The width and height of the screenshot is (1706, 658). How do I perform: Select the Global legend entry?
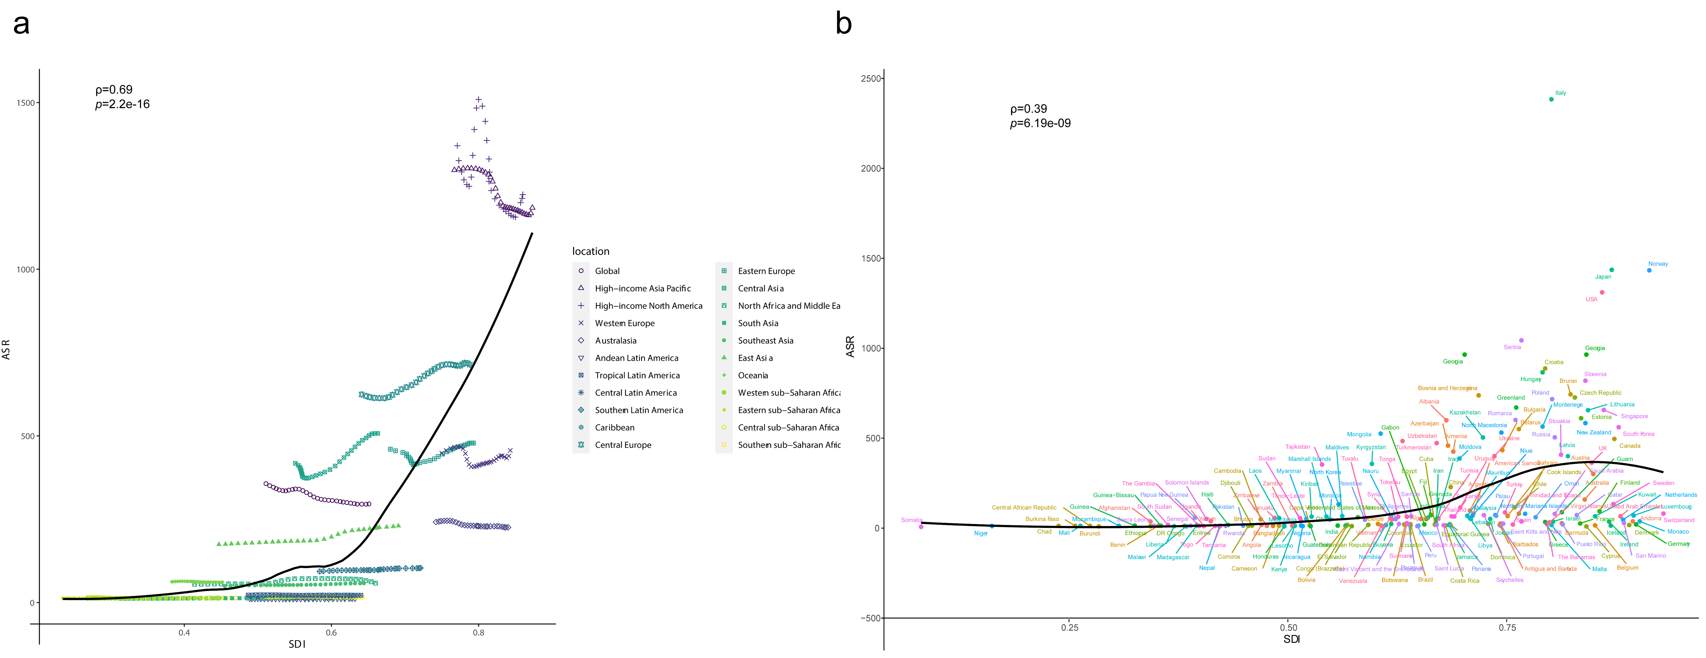pyautogui.click(x=607, y=271)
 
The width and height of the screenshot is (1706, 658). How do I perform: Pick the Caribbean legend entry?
pyautogui.click(x=614, y=427)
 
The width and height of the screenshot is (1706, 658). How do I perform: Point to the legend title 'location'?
pyautogui.click(x=591, y=251)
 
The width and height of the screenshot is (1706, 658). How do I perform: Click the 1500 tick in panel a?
pyautogui.click(x=26, y=103)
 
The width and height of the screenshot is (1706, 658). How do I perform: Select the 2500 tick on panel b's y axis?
pyautogui.click(x=871, y=78)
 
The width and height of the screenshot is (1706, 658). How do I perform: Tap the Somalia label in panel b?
pyautogui.click(x=911, y=520)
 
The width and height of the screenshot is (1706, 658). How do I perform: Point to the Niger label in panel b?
pyautogui.click(x=981, y=533)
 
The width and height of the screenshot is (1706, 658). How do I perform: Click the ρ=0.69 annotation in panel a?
pyautogui.click(x=114, y=89)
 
